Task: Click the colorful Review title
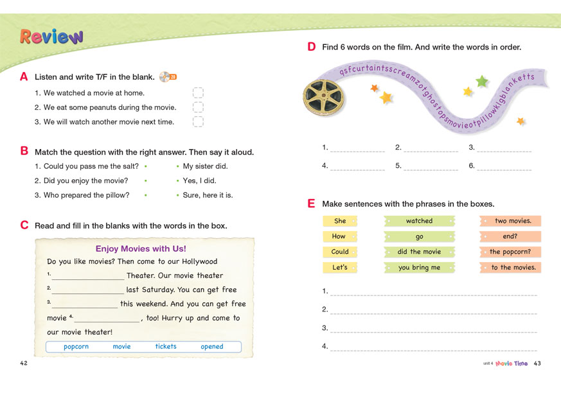click(x=51, y=37)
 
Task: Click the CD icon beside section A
click(x=168, y=77)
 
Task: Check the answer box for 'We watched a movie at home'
click(x=198, y=93)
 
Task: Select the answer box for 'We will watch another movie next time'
click(x=198, y=121)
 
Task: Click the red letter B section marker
click(x=24, y=152)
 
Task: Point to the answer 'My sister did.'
click(x=205, y=166)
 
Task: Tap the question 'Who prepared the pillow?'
click(x=86, y=195)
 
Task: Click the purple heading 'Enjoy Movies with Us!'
click(x=141, y=249)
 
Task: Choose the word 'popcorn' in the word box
click(x=76, y=347)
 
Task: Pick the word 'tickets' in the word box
click(x=166, y=347)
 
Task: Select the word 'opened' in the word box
click(x=212, y=347)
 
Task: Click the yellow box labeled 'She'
click(x=340, y=221)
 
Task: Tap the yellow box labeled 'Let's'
click(x=340, y=268)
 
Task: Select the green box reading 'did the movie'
click(x=419, y=252)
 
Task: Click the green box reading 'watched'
click(x=419, y=221)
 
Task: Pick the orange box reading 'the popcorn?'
click(x=510, y=252)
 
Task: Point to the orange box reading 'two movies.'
click(x=510, y=221)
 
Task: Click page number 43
click(x=537, y=363)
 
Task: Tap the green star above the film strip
click(x=481, y=81)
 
